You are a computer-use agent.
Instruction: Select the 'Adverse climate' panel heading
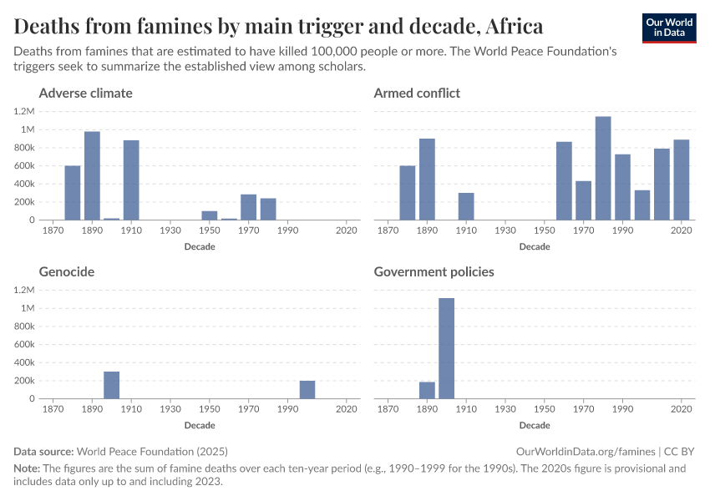click(x=85, y=93)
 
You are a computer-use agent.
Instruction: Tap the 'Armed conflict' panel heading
click(x=417, y=93)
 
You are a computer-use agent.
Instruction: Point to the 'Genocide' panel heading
click(x=66, y=271)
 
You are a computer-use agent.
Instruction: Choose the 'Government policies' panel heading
click(x=434, y=271)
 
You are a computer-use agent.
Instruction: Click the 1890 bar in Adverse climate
click(x=92, y=176)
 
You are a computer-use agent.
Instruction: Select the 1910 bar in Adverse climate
click(x=131, y=180)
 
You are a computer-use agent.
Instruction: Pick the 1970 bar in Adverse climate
click(x=248, y=207)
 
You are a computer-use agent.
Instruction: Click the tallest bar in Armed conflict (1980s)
click(x=603, y=168)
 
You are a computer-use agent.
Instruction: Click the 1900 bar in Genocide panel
click(x=112, y=385)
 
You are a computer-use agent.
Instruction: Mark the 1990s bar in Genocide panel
click(x=307, y=390)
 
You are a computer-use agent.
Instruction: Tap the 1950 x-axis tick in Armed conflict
click(x=544, y=230)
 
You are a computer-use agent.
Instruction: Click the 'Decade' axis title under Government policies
click(x=535, y=425)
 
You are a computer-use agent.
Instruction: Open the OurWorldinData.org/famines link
click(x=591, y=451)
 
